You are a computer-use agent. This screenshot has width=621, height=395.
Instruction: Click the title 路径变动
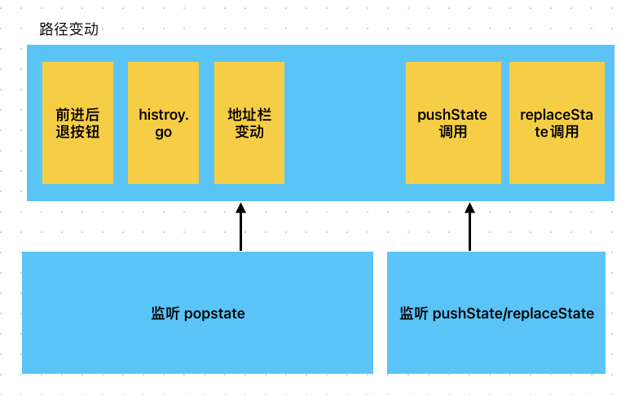pos(69,29)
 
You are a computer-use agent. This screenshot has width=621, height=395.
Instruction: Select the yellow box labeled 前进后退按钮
pos(78,122)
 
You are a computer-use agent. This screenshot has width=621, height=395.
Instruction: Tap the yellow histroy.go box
pos(163,122)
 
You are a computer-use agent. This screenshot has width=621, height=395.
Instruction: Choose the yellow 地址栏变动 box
pos(249,122)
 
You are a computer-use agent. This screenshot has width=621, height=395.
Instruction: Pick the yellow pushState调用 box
pos(452,122)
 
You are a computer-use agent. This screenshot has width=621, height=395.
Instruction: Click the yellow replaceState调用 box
pos(557,122)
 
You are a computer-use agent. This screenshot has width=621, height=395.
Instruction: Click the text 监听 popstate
pos(198,314)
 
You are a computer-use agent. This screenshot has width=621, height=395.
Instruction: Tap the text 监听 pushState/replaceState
pos(496,314)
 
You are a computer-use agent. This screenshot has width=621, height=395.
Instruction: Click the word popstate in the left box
pos(214,314)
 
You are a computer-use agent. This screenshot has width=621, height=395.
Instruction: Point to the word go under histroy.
pos(163,132)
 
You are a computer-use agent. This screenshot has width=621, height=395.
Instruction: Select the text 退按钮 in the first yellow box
pos(78,132)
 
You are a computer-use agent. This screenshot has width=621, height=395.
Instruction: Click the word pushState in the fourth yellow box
pos(452,115)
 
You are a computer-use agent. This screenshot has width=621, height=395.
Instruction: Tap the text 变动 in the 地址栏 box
pos(249,132)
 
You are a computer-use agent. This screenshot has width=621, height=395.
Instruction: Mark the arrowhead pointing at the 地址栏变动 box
pos(240,208)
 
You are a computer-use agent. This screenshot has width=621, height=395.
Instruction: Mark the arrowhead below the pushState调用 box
pos(469,208)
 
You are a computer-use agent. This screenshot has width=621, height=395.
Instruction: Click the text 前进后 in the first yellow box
pos(78,115)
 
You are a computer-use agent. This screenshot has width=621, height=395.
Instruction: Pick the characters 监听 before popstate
pos(164,314)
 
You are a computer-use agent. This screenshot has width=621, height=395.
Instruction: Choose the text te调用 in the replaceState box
pos(557,132)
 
